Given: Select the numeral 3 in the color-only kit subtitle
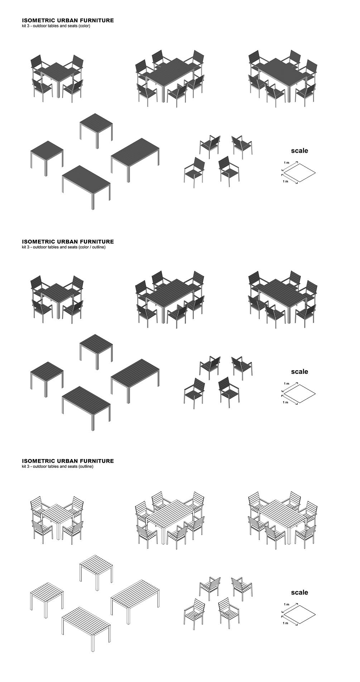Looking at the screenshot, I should pyautogui.click(x=28, y=26).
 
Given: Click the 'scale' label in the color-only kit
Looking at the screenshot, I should pyautogui.click(x=299, y=151).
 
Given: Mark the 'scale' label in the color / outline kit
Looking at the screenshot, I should pyautogui.click(x=299, y=372).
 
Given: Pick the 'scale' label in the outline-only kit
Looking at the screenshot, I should pyautogui.click(x=299, y=592).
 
